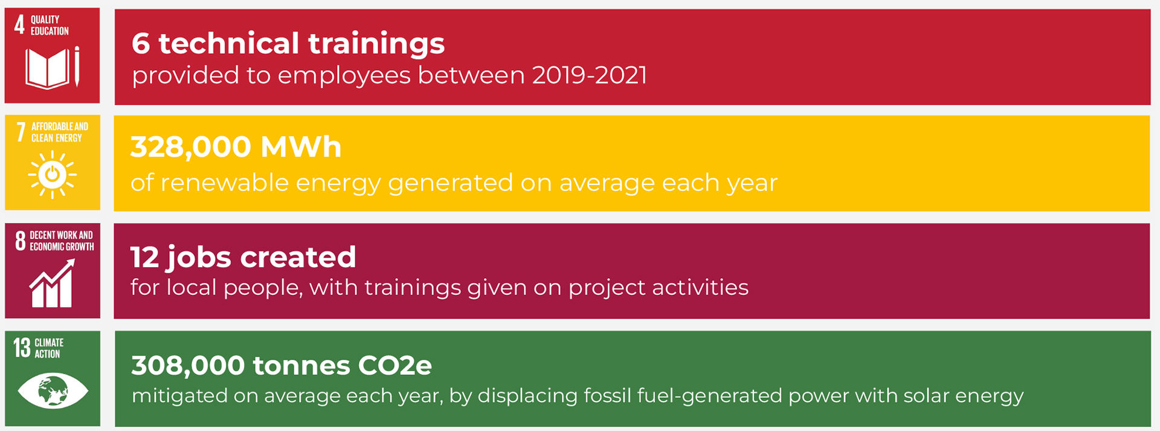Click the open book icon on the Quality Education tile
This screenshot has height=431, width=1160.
coord(48,68)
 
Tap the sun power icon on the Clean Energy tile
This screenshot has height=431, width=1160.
coord(52,175)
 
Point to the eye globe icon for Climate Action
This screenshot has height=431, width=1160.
coord(53,391)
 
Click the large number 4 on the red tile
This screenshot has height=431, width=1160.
coord(19,25)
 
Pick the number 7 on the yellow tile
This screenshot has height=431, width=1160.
coord(21,132)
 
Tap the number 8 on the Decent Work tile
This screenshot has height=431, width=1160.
coord(21,241)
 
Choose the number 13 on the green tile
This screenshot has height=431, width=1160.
coord(22,348)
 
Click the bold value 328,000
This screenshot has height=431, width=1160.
coord(190,147)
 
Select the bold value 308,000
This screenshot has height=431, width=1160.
coord(188,365)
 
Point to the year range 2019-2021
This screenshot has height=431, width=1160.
coord(590,76)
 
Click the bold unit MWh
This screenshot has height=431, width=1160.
coord(301,147)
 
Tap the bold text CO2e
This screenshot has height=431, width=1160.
coord(395,365)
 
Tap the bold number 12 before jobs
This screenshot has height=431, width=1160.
coord(144,257)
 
